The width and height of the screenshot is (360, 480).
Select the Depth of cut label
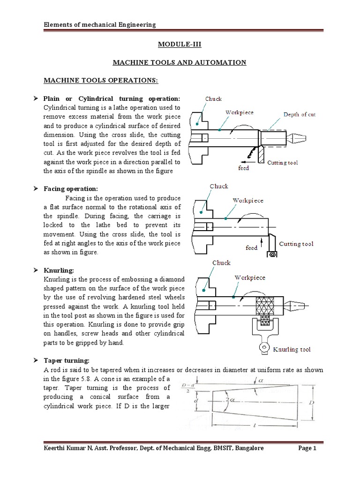coord(299,114)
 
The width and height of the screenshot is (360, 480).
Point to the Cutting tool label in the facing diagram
coord(296,244)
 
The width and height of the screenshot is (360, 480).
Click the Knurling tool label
coord(292,349)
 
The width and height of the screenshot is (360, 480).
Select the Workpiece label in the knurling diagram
coord(250,277)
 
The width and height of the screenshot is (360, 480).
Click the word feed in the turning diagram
coord(243,167)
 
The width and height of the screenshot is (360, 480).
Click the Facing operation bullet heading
coord(71,188)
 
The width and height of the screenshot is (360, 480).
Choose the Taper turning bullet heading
coord(66,360)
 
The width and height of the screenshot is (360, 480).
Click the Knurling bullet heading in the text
coord(59,270)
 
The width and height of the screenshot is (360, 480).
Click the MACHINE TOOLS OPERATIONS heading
coord(101,81)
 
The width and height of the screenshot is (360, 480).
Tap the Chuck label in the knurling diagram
coord(221,263)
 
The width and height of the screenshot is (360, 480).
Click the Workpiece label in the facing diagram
coord(248,200)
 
